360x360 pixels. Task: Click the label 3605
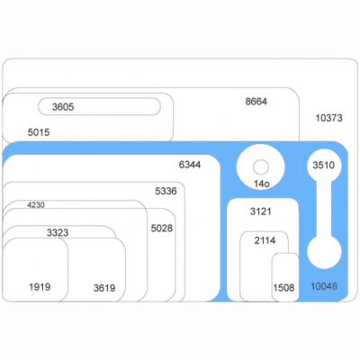click(63, 107)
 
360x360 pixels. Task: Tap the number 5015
click(39, 132)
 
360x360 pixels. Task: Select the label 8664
click(256, 102)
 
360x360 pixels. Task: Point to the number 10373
click(328, 118)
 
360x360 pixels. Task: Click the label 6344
click(190, 165)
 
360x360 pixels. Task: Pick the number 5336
click(166, 191)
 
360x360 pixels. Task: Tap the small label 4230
click(36, 205)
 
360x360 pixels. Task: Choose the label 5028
click(162, 229)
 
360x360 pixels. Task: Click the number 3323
click(58, 232)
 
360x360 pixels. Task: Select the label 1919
click(40, 287)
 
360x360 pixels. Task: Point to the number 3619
click(104, 288)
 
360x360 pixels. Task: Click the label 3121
click(261, 211)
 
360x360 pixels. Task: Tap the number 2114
click(265, 240)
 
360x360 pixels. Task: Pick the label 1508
click(283, 288)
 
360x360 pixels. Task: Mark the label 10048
click(324, 286)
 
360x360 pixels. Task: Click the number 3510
click(324, 165)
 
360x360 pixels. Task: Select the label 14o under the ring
click(262, 184)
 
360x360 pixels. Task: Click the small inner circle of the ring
click(261, 166)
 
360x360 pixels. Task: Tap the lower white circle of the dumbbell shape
click(324, 252)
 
